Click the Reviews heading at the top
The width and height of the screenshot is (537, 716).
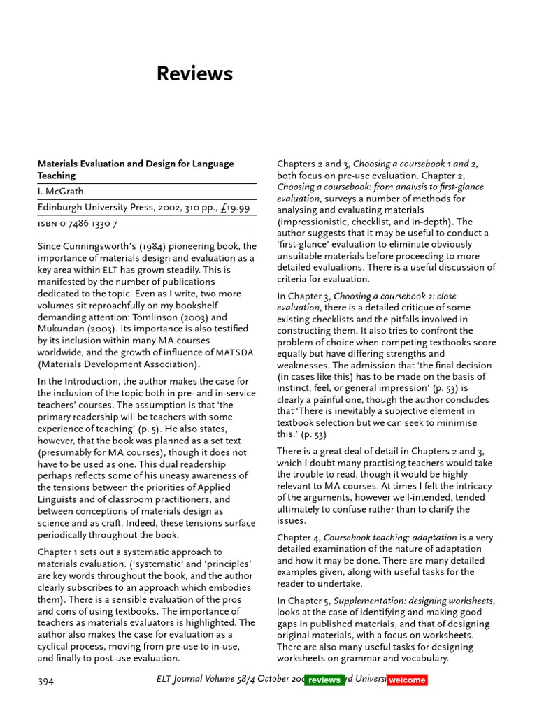pos(194,74)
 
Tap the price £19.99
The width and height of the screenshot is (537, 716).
pos(238,208)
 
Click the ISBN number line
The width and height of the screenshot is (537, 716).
pos(78,224)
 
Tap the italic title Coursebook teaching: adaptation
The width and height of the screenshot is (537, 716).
pos(389,538)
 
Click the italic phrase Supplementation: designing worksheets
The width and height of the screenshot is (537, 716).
pos(414,601)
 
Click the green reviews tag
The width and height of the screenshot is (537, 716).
pos(324,680)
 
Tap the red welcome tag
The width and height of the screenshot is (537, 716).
pos(407,680)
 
